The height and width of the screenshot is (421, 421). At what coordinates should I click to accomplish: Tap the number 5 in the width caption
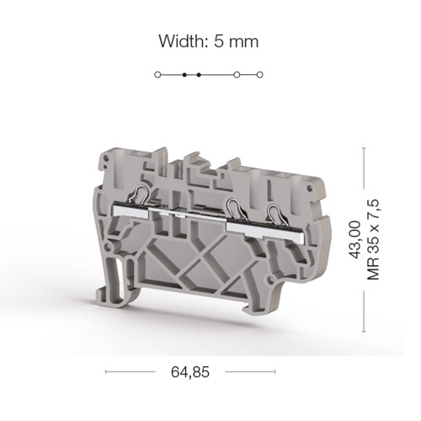[x=219, y=41]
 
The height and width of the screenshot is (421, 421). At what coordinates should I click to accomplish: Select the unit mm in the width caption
[x=243, y=44]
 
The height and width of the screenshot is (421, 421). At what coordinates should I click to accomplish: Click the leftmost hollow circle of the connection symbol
[x=157, y=75]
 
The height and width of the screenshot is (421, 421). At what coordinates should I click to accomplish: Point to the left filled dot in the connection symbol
[x=184, y=75]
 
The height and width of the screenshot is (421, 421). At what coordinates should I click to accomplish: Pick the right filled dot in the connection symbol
[x=199, y=75]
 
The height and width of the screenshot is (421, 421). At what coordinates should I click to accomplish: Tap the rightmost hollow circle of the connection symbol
[x=260, y=75]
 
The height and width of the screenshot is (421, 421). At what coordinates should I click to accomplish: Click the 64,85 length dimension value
[x=190, y=372]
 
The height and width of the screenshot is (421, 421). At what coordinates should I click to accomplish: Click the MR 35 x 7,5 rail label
[x=373, y=239]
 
